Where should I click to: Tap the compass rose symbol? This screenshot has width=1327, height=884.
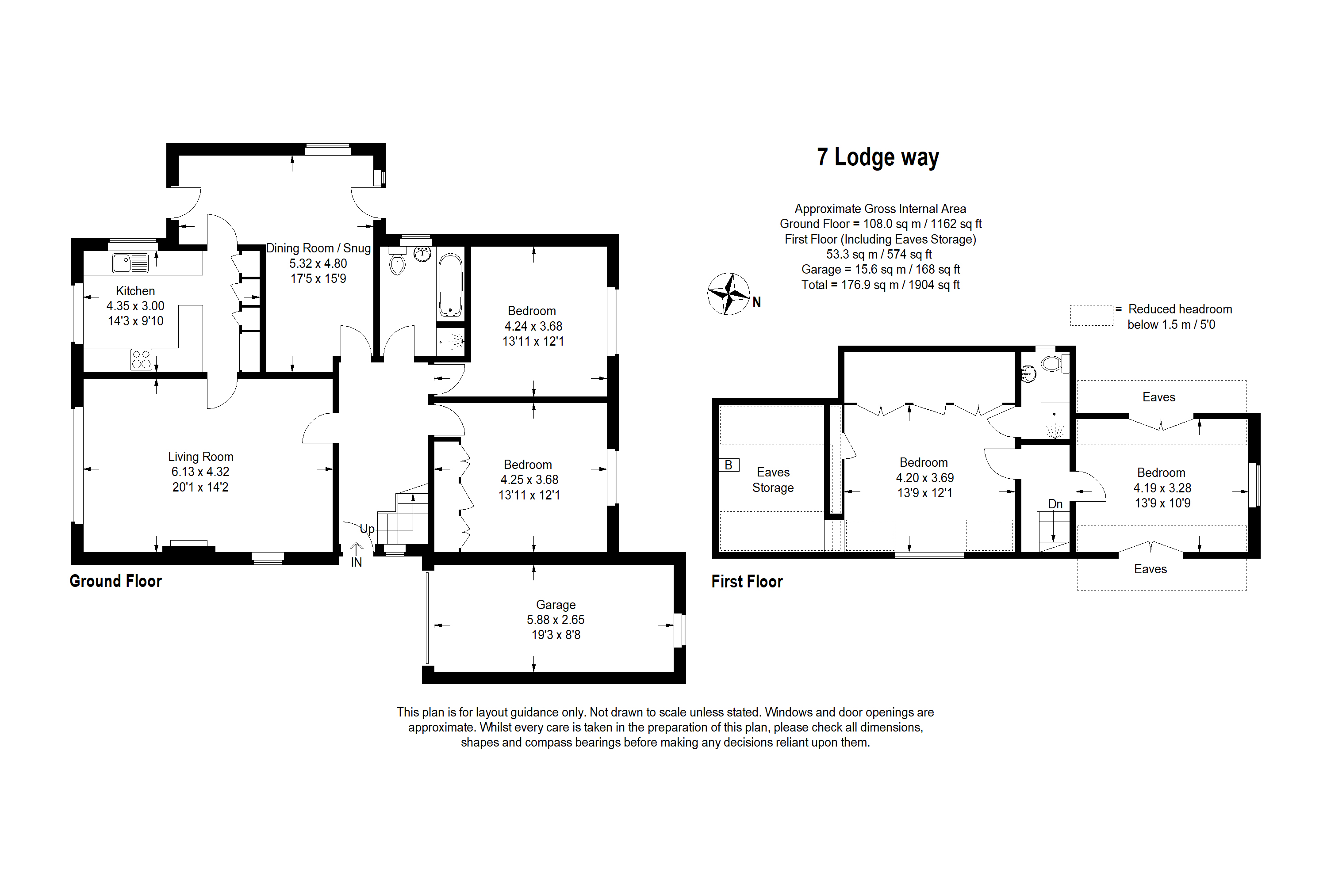tap(729, 294)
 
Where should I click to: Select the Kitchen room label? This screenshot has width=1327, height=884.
tap(135, 291)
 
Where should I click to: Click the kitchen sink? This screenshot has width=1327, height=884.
tap(130, 263)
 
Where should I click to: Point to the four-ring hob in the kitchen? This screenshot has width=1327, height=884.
tap(141, 359)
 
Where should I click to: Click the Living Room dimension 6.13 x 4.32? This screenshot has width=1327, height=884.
tap(200, 472)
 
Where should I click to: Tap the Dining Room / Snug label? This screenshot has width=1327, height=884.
tap(318, 248)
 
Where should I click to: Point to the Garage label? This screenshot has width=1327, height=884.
tap(556, 605)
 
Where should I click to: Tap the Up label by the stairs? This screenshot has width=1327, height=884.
tap(367, 529)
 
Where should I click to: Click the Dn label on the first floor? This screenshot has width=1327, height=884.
tap(1055, 504)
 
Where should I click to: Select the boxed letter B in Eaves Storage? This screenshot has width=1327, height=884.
tap(729, 465)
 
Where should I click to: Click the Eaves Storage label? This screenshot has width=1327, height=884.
tap(772, 480)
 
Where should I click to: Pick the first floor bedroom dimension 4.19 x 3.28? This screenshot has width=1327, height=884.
tap(1162, 488)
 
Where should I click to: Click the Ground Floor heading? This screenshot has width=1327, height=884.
tap(115, 581)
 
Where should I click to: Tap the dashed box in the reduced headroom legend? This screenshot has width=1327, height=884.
tap(1091, 316)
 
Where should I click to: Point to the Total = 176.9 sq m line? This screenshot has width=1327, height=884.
tap(880, 285)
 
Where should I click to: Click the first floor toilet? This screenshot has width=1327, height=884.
tap(1051, 364)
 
